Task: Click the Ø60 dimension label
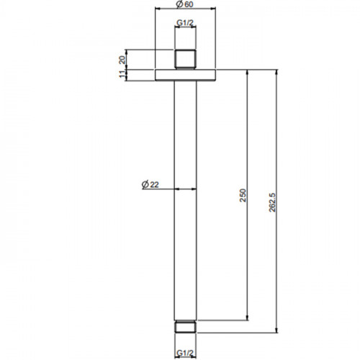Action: pyautogui.click(x=184, y=4)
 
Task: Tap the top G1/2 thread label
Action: pyautogui.click(x=185, y=23)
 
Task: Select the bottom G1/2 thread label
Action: pyautogui.click(x=185, y=353)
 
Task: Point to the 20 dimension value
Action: pyautogui.click(x=122, y=60)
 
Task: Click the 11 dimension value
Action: pyautogui.click(x=122, y=74)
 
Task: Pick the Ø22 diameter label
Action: pyautogui.click(x=150, y=184)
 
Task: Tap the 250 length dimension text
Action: pyautogui.click(x=243, y=195)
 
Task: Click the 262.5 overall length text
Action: pyautogui.click(x=272, y=202)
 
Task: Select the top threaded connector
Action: pyautogui.click(x=185, y=59)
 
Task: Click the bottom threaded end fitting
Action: pyautogui.click(x=185, y=326)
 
